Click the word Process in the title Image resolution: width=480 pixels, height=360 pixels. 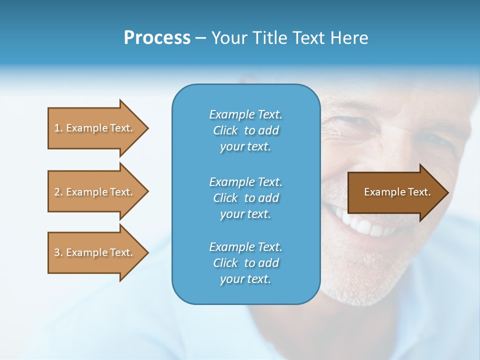[157, 38]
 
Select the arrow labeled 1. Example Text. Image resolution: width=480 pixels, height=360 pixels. [95, 128]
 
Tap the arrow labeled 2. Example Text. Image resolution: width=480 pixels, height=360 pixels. [95, 192]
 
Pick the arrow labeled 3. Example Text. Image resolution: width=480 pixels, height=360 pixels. [95, 252]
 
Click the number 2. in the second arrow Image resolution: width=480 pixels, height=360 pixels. [58, 192]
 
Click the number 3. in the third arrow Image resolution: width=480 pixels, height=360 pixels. [58, 252]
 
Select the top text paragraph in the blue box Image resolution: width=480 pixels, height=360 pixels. [245, 130]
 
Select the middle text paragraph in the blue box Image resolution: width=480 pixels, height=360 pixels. [245, 198]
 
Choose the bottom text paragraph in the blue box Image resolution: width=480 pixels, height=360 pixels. [245, 263]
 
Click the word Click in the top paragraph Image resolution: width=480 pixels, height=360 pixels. [225, 130]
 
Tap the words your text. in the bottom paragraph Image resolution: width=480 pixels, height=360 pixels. [245, 279]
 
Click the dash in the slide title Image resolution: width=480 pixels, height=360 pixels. [200, 38]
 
